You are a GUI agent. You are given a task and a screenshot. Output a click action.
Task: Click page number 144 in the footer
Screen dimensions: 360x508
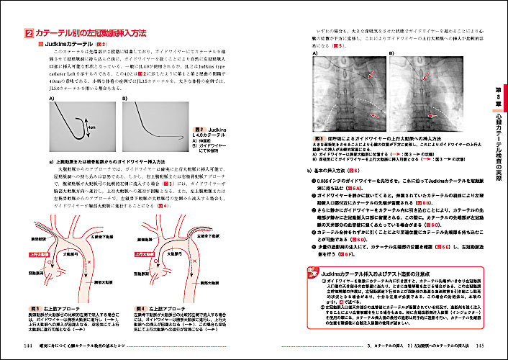coord(28,346)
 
